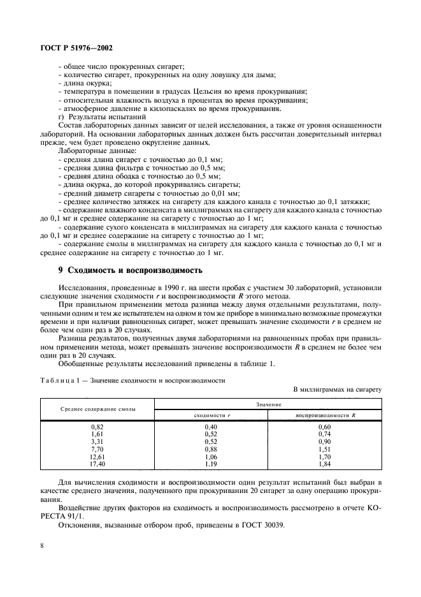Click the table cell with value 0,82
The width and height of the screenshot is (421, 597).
tap(97, 425)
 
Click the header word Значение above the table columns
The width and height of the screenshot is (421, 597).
tap(268, 402)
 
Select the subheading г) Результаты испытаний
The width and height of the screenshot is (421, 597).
tap(102, 117)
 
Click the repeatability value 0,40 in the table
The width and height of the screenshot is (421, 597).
tap(211, 425)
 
